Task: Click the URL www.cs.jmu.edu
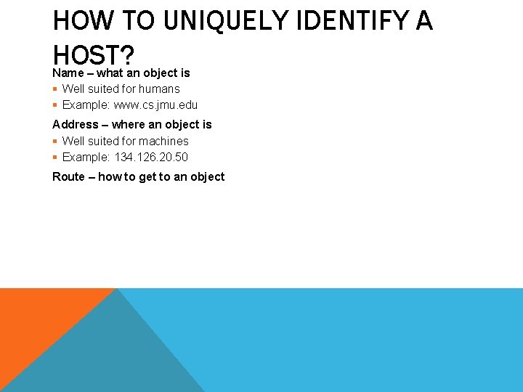click(x=155, y=105)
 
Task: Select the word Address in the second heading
click(x=75, y=124)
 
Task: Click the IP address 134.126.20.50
click(x=151, y=157)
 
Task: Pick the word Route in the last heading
click(x=68, y=176)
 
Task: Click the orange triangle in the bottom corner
click(x=36, y=319)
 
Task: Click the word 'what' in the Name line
click(x=110, y=73)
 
